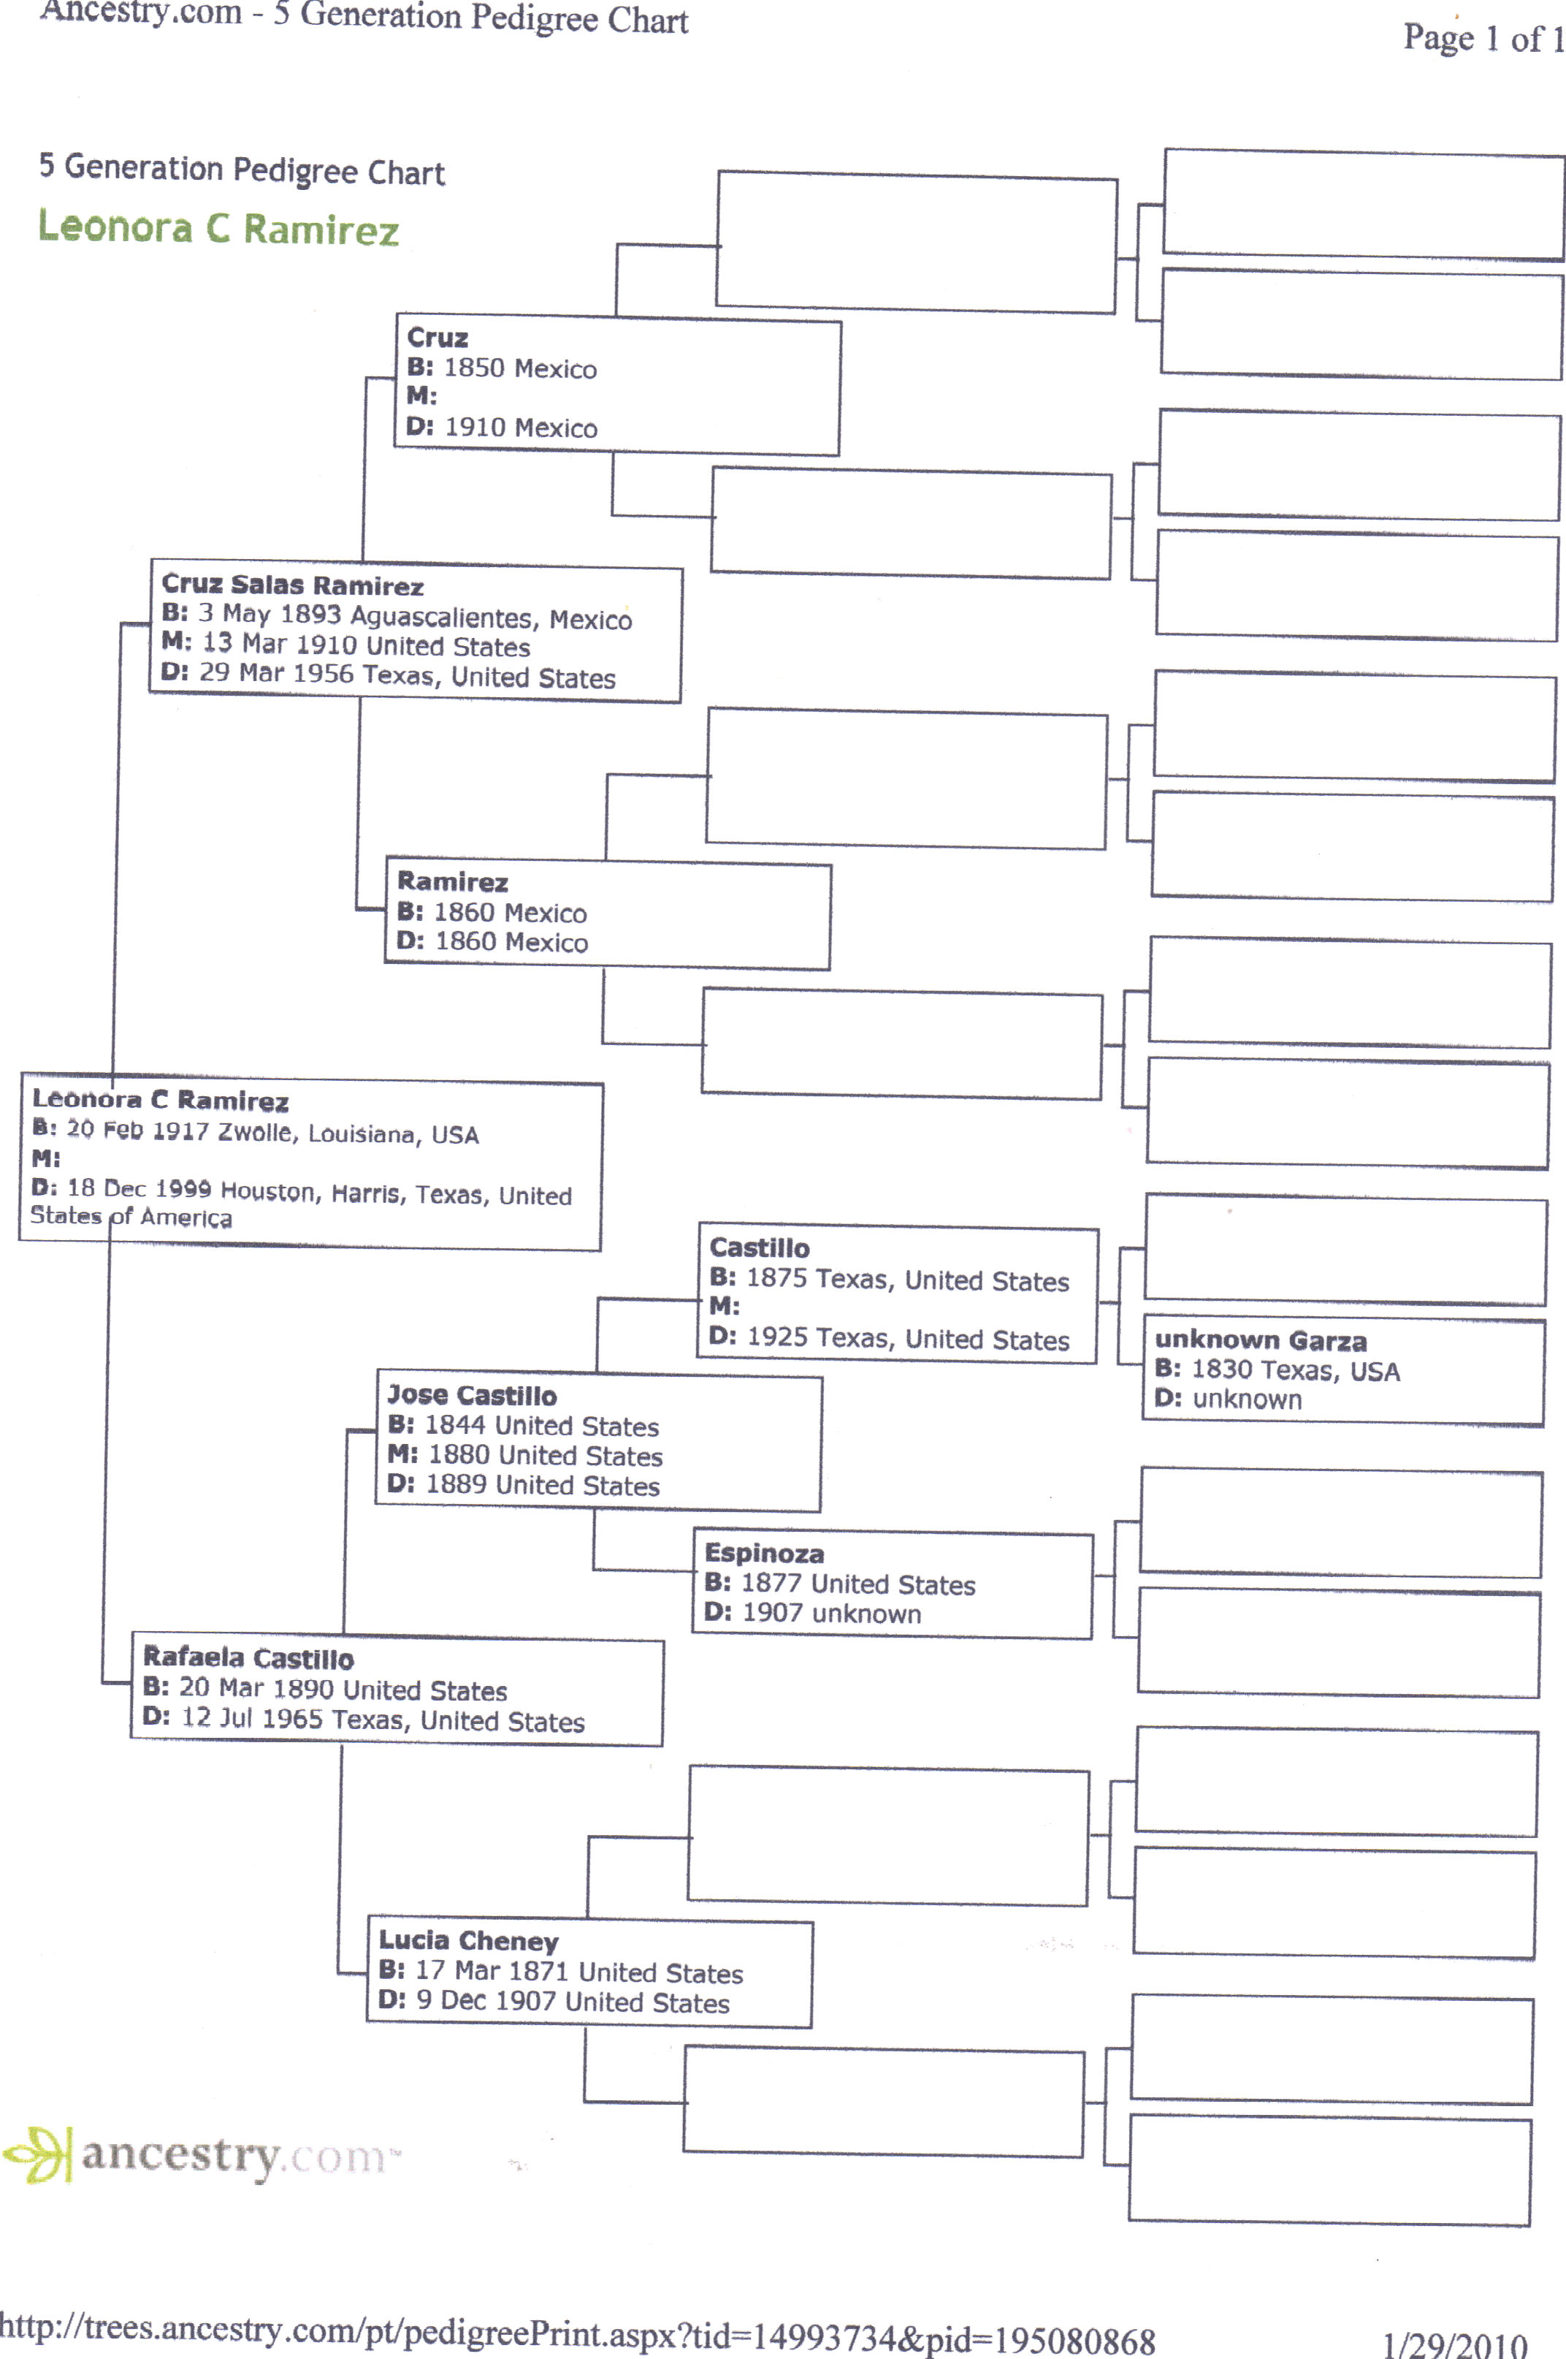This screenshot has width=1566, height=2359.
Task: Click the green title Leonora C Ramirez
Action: [x=218, y=229]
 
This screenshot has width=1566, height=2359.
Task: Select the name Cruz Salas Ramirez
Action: [x=293, y=585]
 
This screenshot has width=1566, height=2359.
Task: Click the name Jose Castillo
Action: [x=471, y=1395]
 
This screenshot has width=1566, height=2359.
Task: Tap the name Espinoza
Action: [x=764, y=1553]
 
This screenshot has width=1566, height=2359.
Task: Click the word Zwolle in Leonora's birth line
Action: [x=256, y=1132]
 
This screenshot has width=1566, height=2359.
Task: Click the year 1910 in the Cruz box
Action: [x=475, y=428]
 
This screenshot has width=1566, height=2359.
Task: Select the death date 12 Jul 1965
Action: [x=252, y=1719]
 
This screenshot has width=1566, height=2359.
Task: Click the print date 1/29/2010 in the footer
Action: [x=1455, y=2344]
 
